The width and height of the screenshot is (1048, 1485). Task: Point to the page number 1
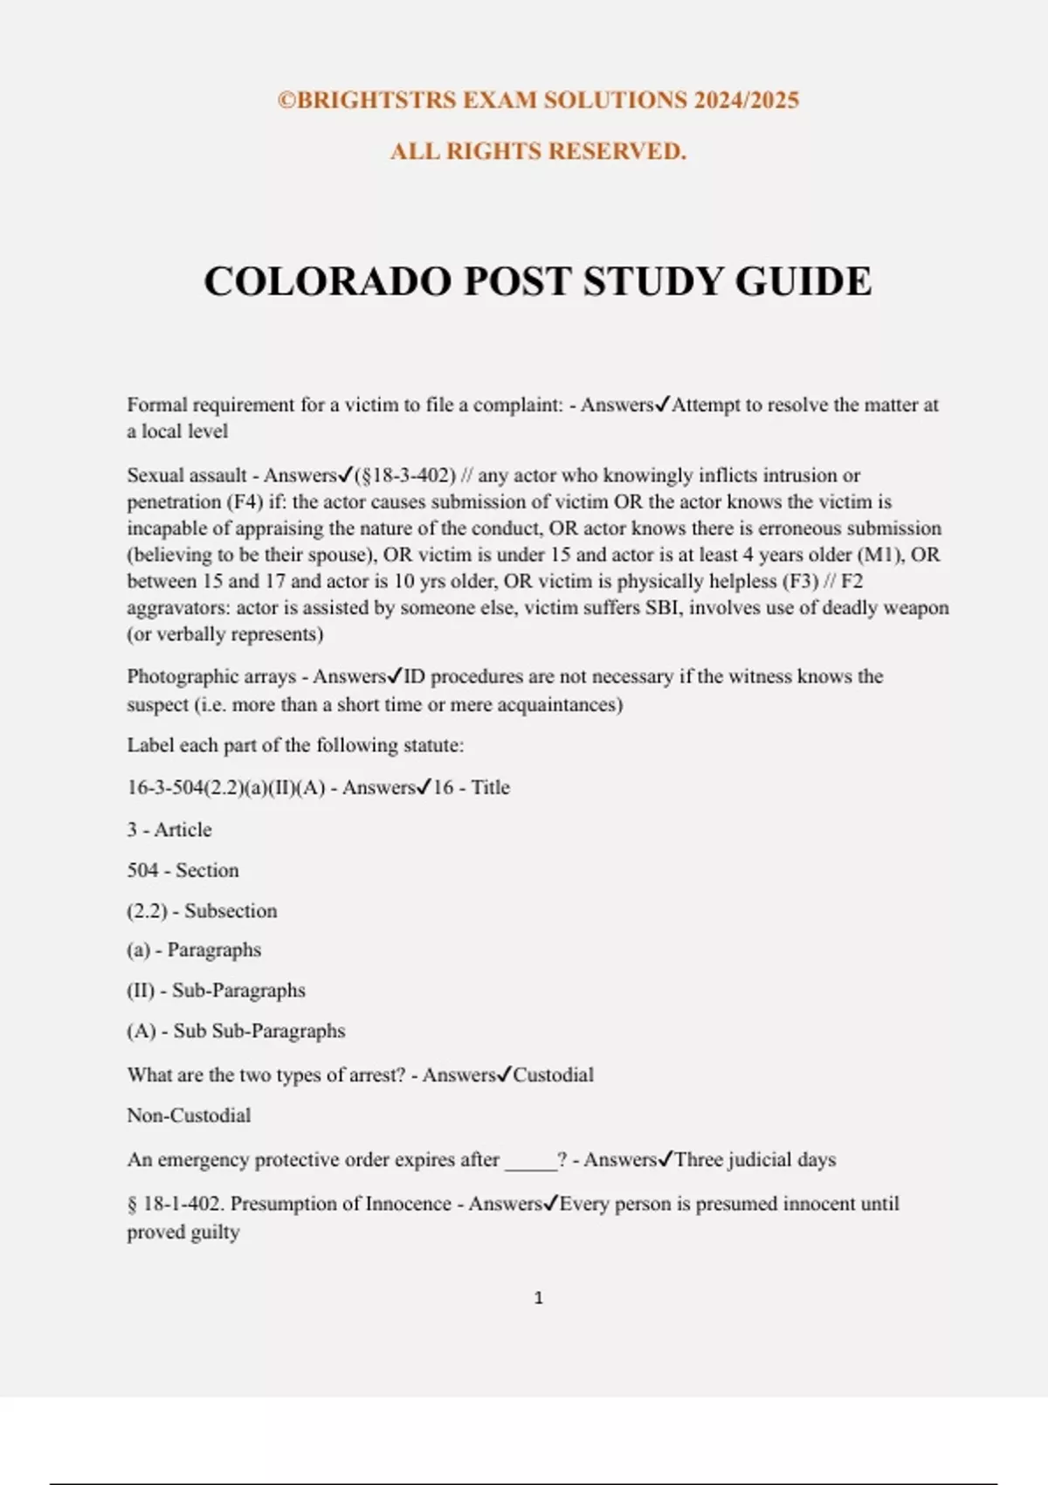pyautogui.click(x=538, y=1298)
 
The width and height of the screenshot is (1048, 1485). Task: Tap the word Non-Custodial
pyautogui.click(x=189, y=1115)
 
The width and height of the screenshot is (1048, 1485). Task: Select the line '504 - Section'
pyautogui.click(x=183, y=870)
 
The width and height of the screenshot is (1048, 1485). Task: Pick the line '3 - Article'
pyautogui.click(x=169, y=829)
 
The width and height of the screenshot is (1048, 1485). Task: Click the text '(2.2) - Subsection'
pyautogui.click(x=202, y=910)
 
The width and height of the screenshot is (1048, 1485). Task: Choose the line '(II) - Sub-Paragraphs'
pyautogui.click(x=216, y=991)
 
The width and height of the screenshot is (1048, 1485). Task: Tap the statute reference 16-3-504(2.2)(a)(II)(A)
pyautogui.click(x=226, y=787)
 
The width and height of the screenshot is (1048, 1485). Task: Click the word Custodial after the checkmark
pyautogui.click(x=553, y=1074)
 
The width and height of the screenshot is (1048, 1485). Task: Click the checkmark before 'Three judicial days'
pyautogui.click(x=665, y=1159)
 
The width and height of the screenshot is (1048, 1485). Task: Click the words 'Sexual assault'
pyautogui.click(x=187, y=475)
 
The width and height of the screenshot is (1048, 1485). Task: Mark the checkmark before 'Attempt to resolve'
pyautogui.click(x=663, y=404)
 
